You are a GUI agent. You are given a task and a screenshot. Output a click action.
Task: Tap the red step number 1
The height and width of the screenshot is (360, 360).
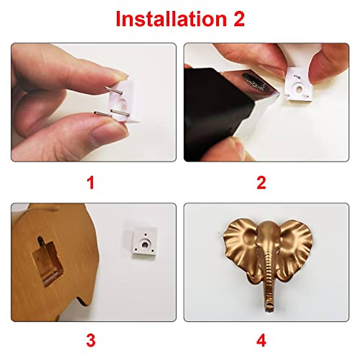coord(90,183)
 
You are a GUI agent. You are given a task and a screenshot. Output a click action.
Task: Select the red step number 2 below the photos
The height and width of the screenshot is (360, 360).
coord(261,183)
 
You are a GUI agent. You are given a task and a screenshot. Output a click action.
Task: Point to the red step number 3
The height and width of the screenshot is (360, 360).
coord(90,340)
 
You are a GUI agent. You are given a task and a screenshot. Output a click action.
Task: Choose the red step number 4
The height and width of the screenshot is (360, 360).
coord(261,340)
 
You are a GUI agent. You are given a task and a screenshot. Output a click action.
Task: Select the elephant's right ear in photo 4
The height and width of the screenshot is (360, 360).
coord(295,246)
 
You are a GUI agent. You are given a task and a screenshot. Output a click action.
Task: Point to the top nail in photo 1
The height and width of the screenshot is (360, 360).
coord(113,89)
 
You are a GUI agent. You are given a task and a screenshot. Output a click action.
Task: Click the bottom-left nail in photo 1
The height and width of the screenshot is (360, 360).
coord(103,114)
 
